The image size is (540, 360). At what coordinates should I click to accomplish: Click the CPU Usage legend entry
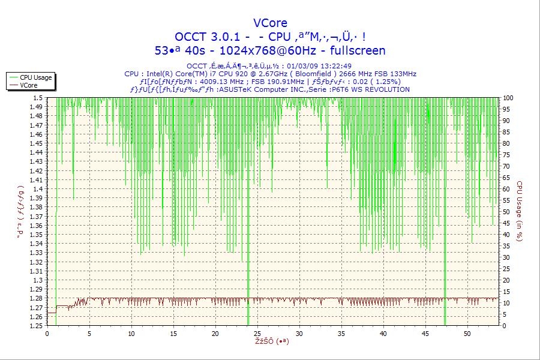(x=35, y=77)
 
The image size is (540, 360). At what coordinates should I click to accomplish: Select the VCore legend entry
(x=29, y=85)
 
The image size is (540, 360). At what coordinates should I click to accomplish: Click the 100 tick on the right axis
(x=508, y=98)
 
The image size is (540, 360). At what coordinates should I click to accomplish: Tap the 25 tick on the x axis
(x=257, y=333)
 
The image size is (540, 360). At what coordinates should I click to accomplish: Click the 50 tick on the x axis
(x=467, y=333)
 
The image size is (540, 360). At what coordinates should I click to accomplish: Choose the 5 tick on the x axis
(x=89, y=333)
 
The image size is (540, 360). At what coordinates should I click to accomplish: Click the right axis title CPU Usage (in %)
(x=520, y=211)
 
